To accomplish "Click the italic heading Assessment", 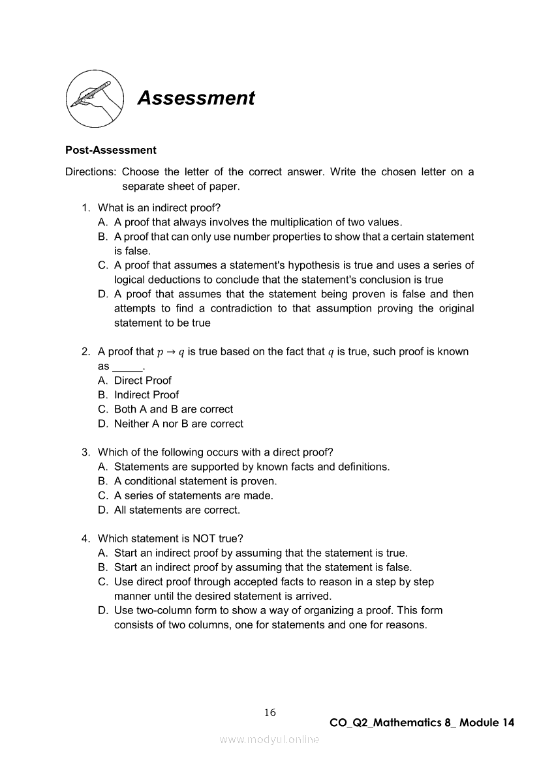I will tap(196, 98).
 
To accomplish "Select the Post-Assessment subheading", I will tap(111, 150).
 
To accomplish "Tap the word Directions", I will tap(91, 172).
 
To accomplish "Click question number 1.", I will tap(85, 208).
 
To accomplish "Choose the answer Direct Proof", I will tap(142, 381).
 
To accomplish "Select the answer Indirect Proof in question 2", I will tap(146, 395).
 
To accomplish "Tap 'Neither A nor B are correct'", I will tap(178, 424).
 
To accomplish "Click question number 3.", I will tap(85, 452).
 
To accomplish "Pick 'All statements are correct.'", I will tap(177, 510).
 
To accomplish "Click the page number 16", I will tap(270, 712).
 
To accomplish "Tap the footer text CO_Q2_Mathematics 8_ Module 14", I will tap(422, 723).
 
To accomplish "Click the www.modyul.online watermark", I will tap(269, 739).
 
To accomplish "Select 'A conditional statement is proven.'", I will tap(195, 481).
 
